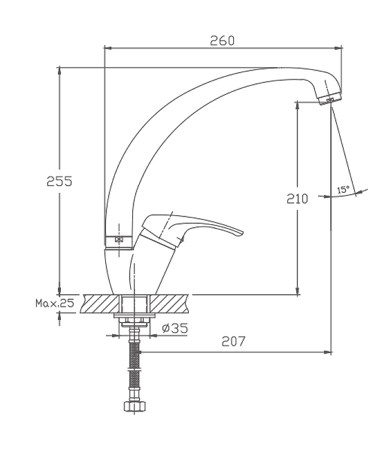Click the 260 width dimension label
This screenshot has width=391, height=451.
(222, 41)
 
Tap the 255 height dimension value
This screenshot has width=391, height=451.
(60, 181)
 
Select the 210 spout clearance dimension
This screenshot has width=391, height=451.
(297, 199)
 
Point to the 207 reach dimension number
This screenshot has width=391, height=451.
(233, 341)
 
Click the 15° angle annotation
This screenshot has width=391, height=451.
(343, 189)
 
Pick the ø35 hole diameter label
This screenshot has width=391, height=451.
(175, 328)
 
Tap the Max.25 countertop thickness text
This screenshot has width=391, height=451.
(55, 303)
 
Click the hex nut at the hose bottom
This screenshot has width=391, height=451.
(135, 406)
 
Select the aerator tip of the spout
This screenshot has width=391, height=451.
(331, 99)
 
